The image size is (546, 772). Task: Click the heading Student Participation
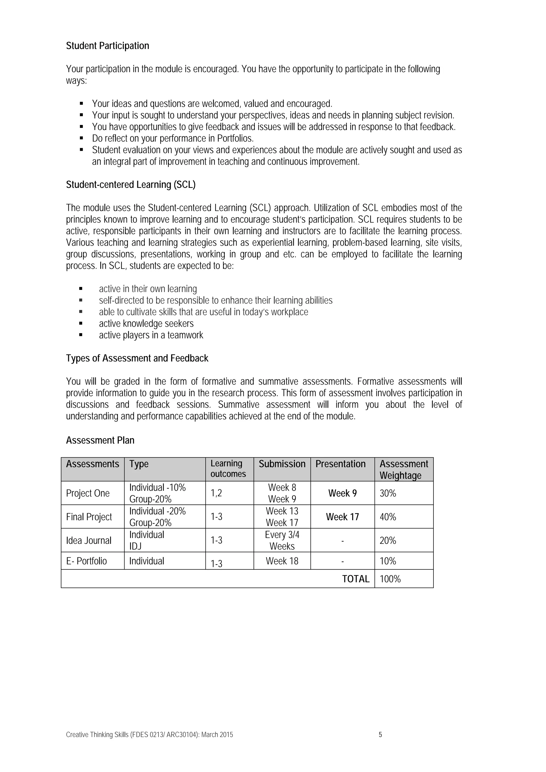[x=107, y=46]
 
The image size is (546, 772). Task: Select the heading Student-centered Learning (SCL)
[x=131, y=185]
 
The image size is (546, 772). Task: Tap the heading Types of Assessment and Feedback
[x=137, y=358]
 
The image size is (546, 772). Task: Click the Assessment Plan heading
[x=100, y=440]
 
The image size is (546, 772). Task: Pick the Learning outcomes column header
[x=228, y=469]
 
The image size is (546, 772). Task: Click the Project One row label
[x=88, y=493]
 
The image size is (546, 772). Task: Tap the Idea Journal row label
[x=89, y=540]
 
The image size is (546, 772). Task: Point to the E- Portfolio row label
[x=86, y=561]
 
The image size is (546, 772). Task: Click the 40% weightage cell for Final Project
[x=388, y=517]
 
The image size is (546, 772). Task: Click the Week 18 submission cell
[x=282, y=561]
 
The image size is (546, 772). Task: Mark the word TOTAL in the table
[x=356, y=579]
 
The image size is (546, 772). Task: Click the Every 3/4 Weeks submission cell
[x=282, y=540]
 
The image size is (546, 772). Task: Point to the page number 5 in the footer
[x=380, y=735]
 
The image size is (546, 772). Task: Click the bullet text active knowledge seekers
[x=146, y=324]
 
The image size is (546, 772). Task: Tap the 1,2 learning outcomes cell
[x=216, y=493]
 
